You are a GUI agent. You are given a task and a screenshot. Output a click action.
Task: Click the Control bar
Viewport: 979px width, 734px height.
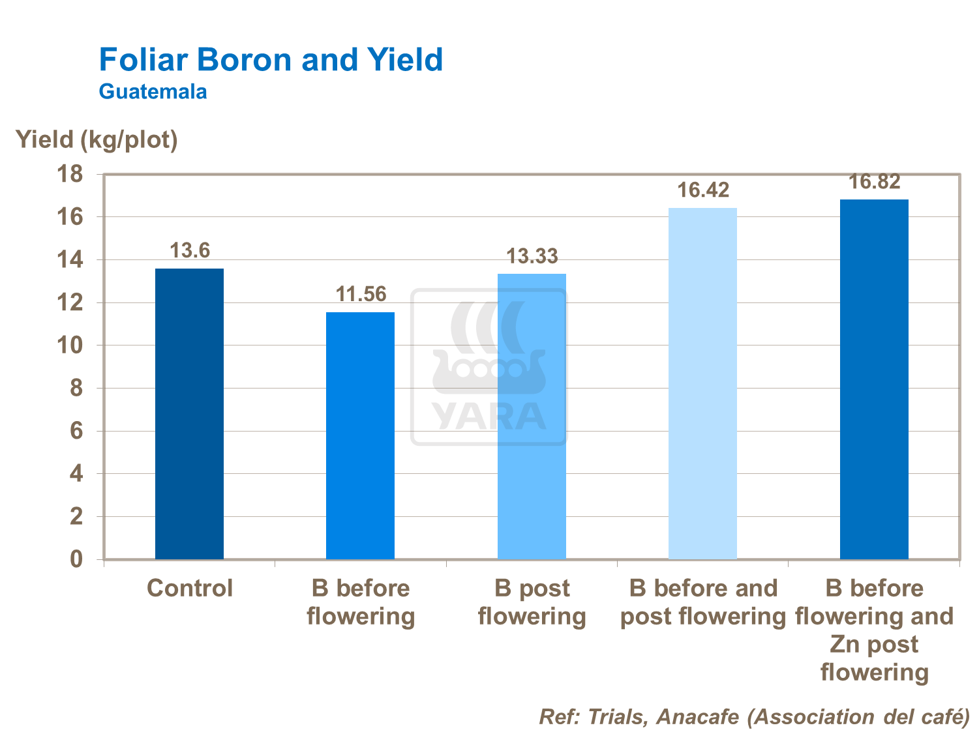click(x=189, y=413)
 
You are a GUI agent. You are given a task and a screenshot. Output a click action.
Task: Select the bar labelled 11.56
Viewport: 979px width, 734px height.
click(x=360, y=435)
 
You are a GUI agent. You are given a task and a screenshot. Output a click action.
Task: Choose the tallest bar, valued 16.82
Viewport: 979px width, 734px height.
click(x=874, y=379)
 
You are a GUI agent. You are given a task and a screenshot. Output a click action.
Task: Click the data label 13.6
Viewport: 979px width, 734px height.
click(x=190, y=250)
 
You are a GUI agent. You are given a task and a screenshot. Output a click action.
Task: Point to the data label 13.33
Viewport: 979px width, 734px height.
click(x=532, y=256)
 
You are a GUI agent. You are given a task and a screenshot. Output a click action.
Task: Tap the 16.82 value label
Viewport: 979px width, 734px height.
click(x=874, y=182)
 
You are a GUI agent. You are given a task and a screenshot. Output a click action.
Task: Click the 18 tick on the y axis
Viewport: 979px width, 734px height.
click(x=70, y=174)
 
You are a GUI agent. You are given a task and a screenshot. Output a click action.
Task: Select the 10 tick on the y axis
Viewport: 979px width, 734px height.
click(x=70, y=345)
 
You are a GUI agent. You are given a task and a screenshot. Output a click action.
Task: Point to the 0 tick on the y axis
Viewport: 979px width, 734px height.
click(x=77, y=559)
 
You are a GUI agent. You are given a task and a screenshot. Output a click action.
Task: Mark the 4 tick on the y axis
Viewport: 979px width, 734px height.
click(x=77, y=474)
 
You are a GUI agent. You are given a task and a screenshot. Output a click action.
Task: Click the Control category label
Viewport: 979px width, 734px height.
click(x=190, y=588)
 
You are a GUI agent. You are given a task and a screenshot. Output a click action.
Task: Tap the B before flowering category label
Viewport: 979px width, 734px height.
click(x=361, y=602)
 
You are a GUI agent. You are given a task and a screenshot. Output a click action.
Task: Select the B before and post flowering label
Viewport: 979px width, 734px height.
click(x=703, y=602)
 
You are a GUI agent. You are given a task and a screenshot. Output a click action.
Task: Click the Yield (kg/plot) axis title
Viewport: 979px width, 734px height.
click(x=97, y=139)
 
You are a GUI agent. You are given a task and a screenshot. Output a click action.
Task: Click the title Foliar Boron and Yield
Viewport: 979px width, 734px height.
click(x=271, y=60)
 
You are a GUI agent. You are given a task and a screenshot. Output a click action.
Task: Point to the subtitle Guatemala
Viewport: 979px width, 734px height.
click(x=153, y=91)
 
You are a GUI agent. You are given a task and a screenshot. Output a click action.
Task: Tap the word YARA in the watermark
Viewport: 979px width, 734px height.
click(x=489, y=417)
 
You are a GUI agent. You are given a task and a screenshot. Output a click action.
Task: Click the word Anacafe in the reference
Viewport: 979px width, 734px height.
click(x=697, y=717)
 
